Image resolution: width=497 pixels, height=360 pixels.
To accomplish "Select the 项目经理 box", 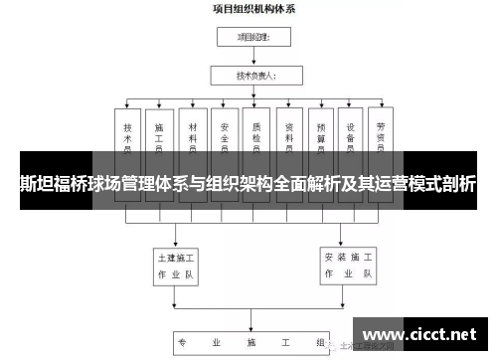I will tap(252, 39).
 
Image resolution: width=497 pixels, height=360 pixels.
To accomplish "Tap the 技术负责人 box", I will tap(252, 75).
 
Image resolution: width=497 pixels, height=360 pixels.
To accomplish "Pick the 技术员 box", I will tap(127, 139).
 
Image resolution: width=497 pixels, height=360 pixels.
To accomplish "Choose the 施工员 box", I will tap(159, 139).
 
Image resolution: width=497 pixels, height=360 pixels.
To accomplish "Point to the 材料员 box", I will tap(192, 139).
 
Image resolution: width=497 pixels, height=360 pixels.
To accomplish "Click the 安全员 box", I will tap(225, 139).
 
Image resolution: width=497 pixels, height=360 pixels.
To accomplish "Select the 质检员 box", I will tap(256, 139).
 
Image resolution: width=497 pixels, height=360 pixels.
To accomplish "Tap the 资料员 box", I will tap(289, 139).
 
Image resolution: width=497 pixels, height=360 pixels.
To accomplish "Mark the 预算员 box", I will tap(321, 139).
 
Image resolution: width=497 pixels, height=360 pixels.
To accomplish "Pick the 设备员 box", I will tap(352, 139).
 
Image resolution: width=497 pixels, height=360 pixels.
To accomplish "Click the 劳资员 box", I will tap(382, 139).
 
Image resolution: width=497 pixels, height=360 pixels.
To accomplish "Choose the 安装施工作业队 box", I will tap(348, 263).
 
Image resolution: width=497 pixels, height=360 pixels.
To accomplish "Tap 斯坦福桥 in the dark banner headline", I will tap(49, 184).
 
